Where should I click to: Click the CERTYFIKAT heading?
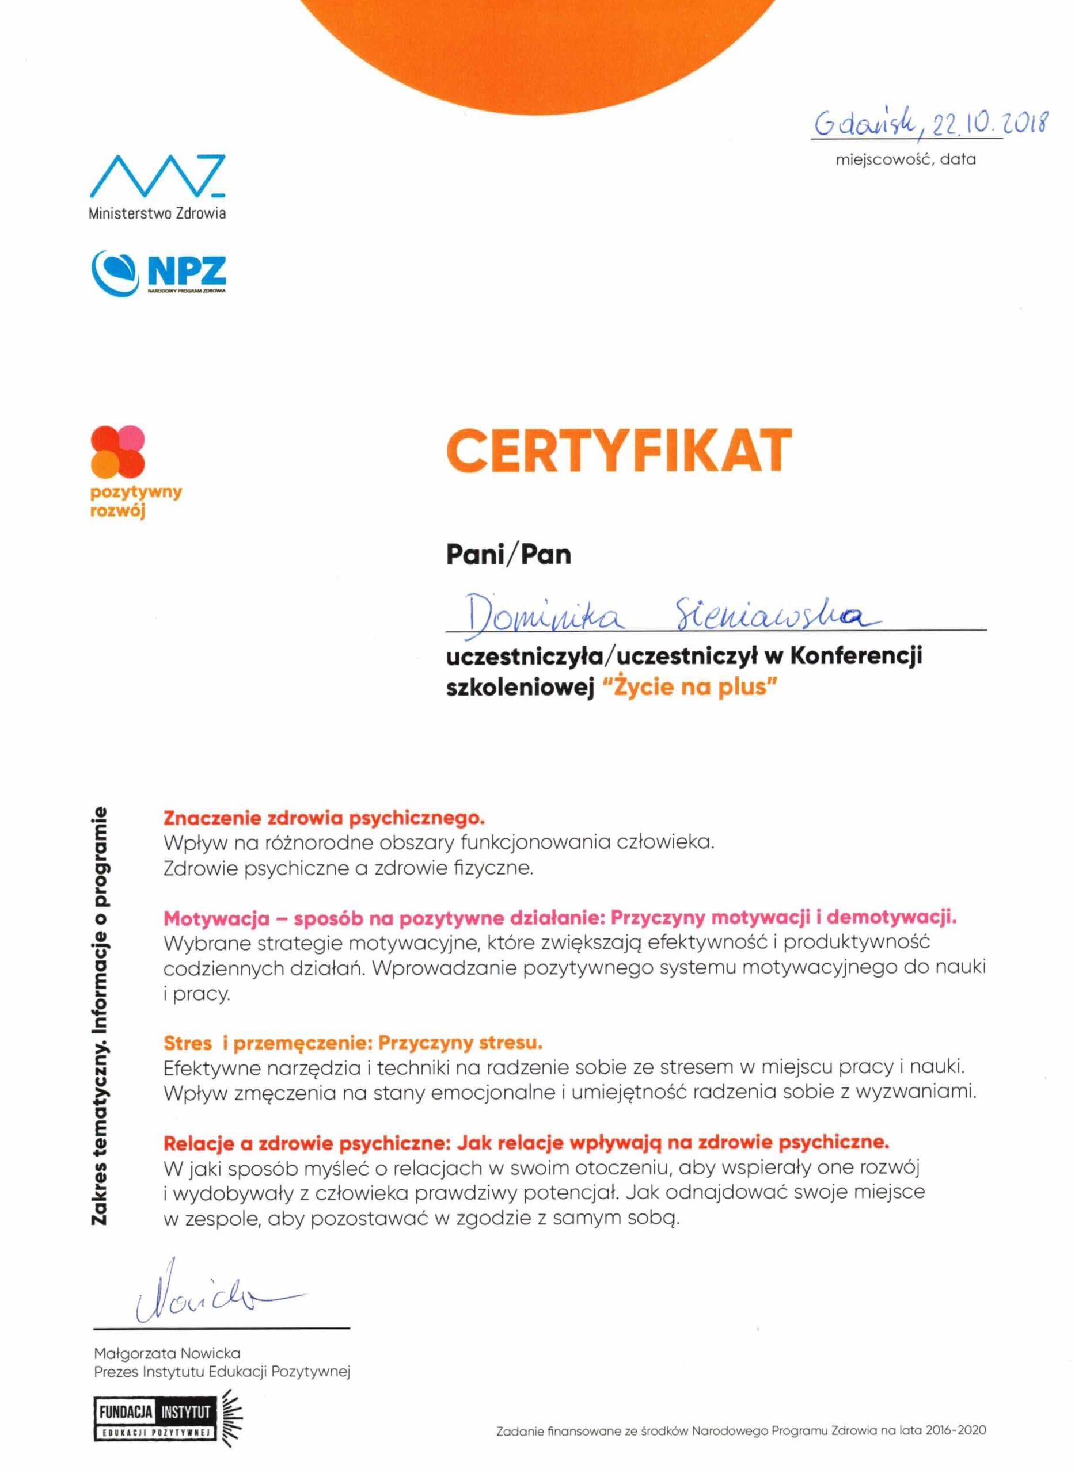[618, 450]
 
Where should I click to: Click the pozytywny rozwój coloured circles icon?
[117, 450]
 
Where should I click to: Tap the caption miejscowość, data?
[905, 159]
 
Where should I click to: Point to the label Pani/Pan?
[508, 555]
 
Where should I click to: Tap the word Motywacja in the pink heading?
[216, 918]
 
